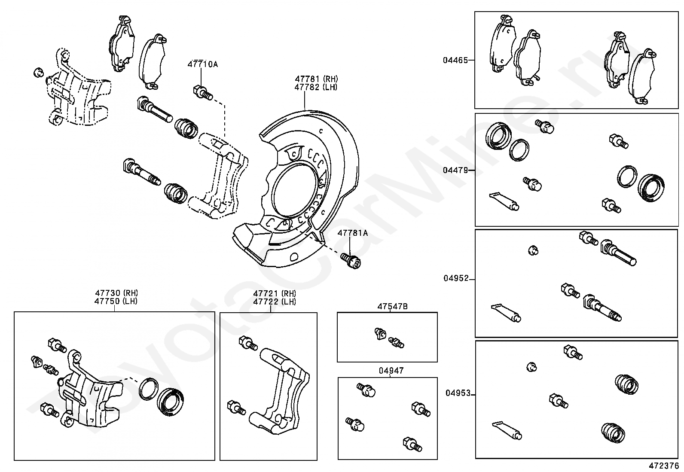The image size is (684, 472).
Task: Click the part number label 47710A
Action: pos(202,64)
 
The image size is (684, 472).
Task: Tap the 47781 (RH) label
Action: pos(316,79)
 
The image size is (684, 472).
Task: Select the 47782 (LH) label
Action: pos(316,87)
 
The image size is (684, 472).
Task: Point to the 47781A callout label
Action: pos(352,233)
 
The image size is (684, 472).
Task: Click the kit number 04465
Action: pos(455,61)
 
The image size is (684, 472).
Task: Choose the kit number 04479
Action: pos(455,170)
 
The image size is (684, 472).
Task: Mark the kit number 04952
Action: pos(456,278)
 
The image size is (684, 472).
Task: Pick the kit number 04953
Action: pos(458,393)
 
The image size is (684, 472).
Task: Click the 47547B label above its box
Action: pos(392,306)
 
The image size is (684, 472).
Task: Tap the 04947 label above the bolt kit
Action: pos(391,371)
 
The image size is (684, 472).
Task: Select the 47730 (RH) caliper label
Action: pos(116,293)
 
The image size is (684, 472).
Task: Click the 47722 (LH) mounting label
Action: pos(275,301)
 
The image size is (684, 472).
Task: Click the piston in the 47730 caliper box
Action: pos(171,402)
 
